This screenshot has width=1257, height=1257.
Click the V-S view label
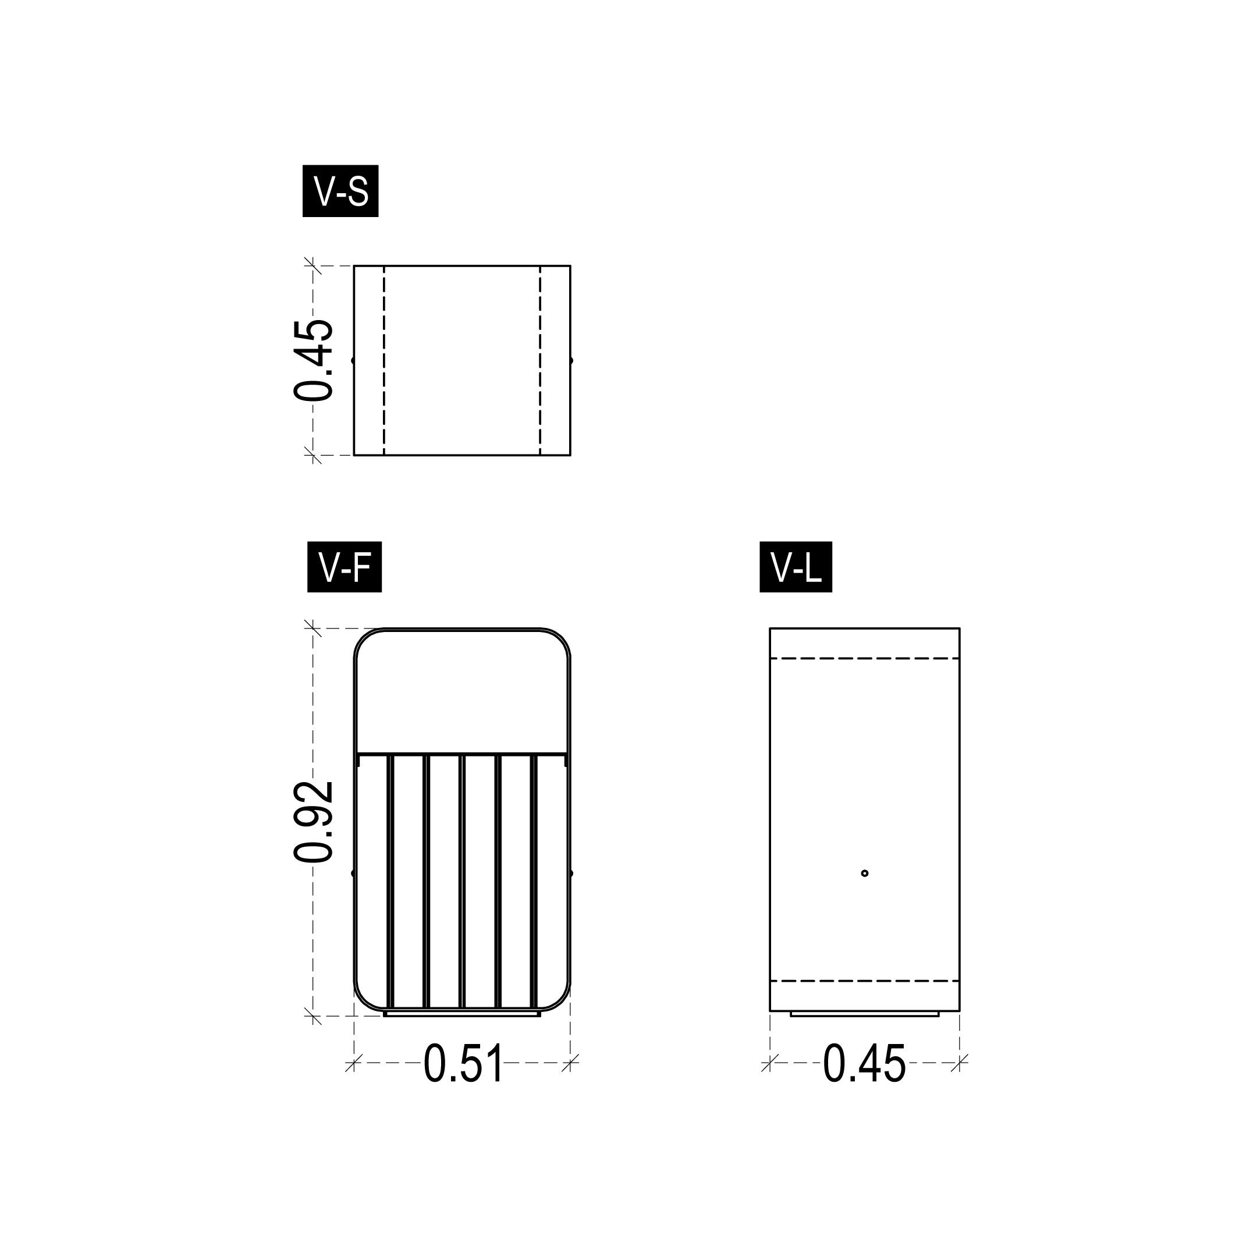[x=340, y=191]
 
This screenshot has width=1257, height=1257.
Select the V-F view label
[x=344, y=567]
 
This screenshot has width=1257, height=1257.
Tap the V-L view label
[x=796, y=567]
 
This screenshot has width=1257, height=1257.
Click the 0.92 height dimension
[x=314, y=822]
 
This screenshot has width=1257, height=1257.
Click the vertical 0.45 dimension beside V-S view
[x=314, y=360]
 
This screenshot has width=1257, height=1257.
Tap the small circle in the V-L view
[x=865, y=873]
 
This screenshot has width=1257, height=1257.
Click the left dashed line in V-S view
[x=384, y=360]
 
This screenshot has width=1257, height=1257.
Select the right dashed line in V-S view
[x=540, y=360]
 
